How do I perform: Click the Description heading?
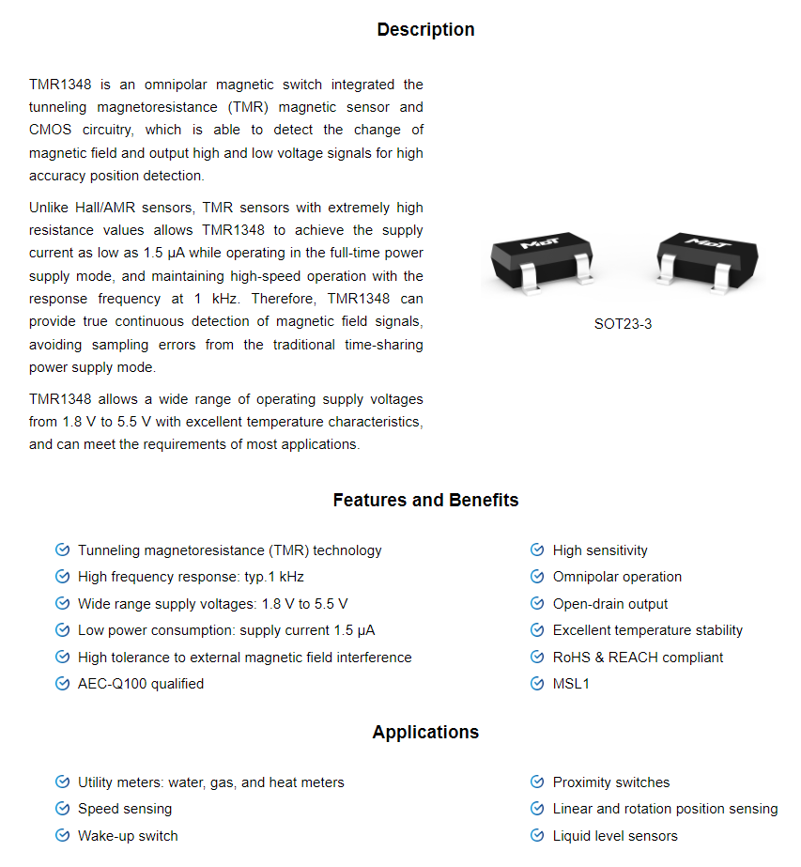pyautogui.click(x=425, y=30)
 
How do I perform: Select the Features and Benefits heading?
pyautogui.click(x=425, y=501)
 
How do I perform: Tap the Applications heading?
pyautogui.click(x=425, y=733)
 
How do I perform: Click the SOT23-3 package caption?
pyautogui.click(x=623, y=324)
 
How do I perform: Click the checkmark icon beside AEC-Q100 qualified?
pyautogui.click(x=63, y=684)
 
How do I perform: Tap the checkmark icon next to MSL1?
pyautogui.click(x=537, y=684)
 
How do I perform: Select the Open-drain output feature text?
pyautogui.click(x=610, y=604)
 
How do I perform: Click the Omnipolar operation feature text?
pyautogui.click(x=617, y=577)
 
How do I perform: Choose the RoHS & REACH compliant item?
pyautogui.click(x=638, y=658)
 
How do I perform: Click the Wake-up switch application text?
pyautogui.click(x=128, y=836)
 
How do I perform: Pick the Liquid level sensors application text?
pyautogui.click(x=615, y=836)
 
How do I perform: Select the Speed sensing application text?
pyautogui.click(x=125, y=809)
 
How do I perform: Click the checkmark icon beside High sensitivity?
pyautogui.click(x=537, y=550)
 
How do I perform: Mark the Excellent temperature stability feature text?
pyautogui.click(x=648, y=630)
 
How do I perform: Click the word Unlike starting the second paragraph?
pyautogui.click(x=49, y=208)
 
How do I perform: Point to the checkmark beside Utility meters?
pyautogui.click(x=63, y=782)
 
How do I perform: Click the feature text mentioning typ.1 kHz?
pyautogui.click(x=191, y=577)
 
